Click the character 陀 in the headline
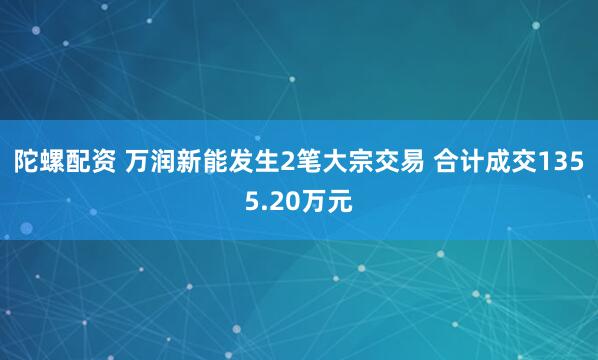[x=27, y=162]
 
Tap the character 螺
[x=52, y=162]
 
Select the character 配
[x=78, y=162]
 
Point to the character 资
[x=103, y=162]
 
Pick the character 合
[x=447, y=162]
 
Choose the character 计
[x=473, y=162]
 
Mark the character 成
[x=498, y=162]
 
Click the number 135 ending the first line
[x=561, y=162]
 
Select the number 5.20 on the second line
[x=273, y=201]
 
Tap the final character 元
[x=339, y=201]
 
